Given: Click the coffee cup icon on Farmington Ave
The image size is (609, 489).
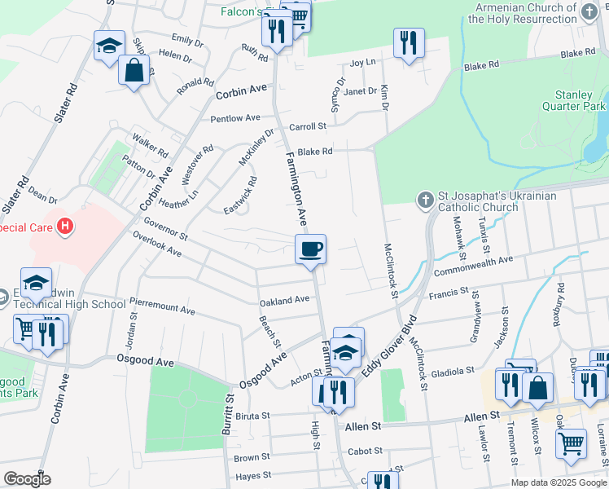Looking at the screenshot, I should point(310,249).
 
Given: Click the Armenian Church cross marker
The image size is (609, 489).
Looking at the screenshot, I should point(590,11).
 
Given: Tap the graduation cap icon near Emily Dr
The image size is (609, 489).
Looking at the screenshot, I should point(109,46).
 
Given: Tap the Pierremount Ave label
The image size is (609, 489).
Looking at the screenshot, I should point(162,306).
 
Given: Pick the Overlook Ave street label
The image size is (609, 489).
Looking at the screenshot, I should point(158,244).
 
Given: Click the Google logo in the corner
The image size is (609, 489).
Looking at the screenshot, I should point(26,479).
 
